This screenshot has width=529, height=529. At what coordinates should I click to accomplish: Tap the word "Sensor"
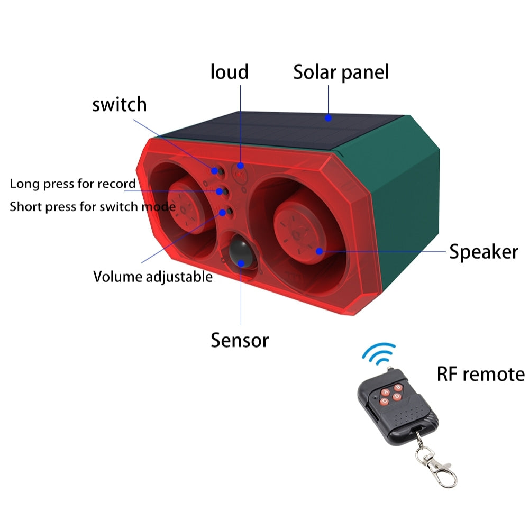point(240,340)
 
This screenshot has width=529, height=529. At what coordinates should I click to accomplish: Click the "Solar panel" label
point(341,72)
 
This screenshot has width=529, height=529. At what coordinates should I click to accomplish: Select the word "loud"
point(229,71)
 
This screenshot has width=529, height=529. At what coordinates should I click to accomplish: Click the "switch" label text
point(120,104)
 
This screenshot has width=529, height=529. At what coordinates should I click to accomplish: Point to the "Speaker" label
point(484,252)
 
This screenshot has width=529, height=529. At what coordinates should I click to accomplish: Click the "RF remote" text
point(480,374)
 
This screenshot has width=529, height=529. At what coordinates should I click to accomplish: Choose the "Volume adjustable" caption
point(153,276)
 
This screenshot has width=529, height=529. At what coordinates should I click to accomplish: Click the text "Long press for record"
point(73,184)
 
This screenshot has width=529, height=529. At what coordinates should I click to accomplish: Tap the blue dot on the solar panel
point(329,118)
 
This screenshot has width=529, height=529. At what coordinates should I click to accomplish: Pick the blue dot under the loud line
point(241,165)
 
